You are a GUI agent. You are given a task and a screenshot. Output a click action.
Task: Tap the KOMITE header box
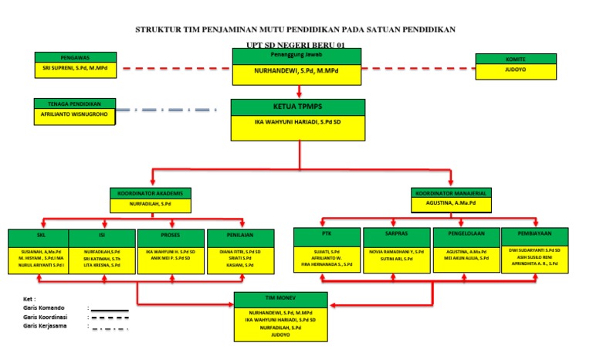click(516, 58)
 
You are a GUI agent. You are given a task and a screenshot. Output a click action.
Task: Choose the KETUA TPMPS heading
click(296, 107)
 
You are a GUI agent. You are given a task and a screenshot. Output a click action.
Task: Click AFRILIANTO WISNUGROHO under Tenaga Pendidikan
click(76, 114)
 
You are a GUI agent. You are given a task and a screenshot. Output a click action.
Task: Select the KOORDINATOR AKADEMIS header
click(150, 193)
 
